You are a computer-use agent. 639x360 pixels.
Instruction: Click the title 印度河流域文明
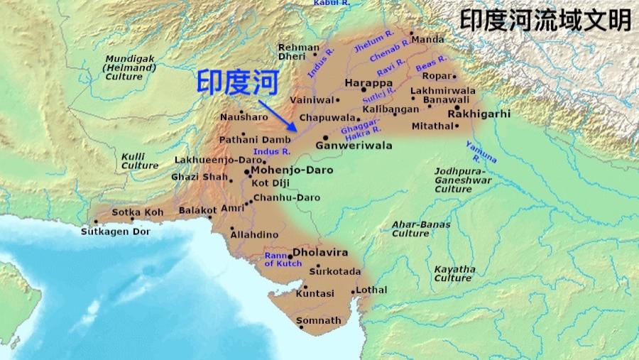coord(545,20)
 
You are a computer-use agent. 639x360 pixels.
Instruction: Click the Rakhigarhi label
coord(479,114)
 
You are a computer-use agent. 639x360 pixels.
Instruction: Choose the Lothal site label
coord(372,290)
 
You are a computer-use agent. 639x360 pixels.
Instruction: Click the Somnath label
coord(318,320)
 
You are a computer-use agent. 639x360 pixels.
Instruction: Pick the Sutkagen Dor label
coord(115,231)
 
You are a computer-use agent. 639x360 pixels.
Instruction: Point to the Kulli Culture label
coord(139,160)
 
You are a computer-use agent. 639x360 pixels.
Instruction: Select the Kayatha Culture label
coord(454,273)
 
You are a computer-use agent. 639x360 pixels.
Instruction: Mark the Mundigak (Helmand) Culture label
coord(124,67)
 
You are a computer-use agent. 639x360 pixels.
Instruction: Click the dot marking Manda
coord(410,33)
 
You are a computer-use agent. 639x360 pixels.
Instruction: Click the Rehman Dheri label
coord(299,52)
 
